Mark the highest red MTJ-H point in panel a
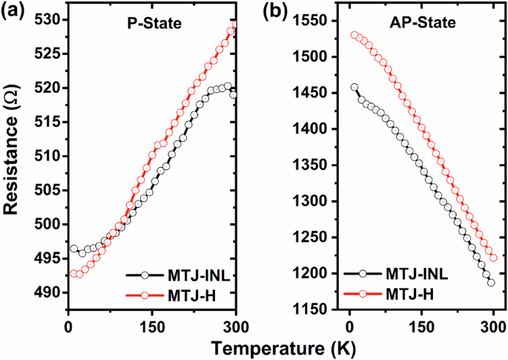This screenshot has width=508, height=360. [234, 26]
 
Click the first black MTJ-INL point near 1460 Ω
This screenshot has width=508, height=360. [354, 88]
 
